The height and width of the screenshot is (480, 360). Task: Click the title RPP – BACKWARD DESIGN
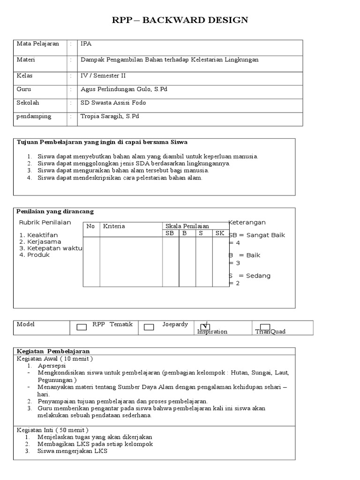(x=180, y=20)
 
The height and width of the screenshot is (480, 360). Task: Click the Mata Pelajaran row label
(x=38, y=44)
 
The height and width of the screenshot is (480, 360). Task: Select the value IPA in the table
(x=86, y=44)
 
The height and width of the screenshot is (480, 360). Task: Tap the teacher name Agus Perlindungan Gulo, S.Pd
(x=124, y=89)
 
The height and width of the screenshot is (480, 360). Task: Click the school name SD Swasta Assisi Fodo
(x=114, y=103)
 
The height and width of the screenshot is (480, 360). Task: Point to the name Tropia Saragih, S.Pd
(x=110, y=116)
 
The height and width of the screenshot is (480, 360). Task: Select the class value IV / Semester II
(x=103, y=75)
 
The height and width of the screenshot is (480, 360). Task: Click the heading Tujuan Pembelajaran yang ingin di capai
(x=102, y=142)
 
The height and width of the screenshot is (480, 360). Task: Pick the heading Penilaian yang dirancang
(x=55, y=212)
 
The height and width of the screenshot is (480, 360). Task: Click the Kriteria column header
(x=114, y=226)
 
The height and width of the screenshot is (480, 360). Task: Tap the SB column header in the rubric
(x=169, y=233)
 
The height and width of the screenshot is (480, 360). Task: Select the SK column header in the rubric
(x=219, y=233)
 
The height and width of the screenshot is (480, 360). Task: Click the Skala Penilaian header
(x=187, y=226)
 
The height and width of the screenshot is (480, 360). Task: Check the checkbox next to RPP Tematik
(x=82, y=327)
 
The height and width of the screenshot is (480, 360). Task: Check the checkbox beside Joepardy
(x=149, y=327)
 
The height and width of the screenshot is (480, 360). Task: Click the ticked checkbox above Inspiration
(x=204, y=326)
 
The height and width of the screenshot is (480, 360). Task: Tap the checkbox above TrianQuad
(x=265, y=327)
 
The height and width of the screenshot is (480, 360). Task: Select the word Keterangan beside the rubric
(x=247, y=223)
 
